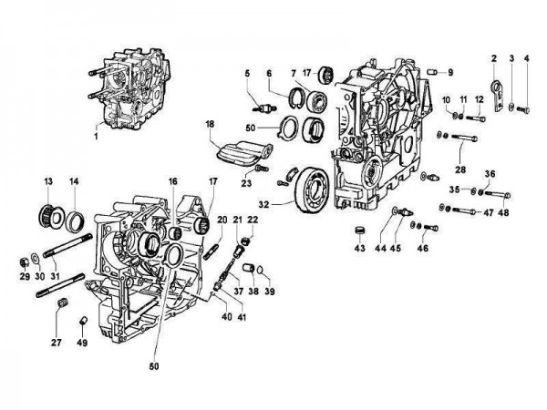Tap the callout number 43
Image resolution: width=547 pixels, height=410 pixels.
359,248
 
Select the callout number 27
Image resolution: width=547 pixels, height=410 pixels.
57,343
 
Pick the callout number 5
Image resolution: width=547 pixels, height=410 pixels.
246,72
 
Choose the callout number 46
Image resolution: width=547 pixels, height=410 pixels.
423,248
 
